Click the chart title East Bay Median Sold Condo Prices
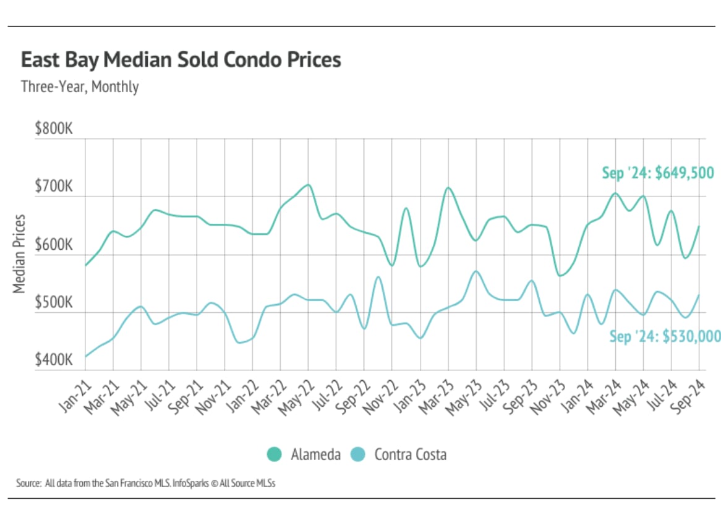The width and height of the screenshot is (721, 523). pyautogui.click(x=181, y=60)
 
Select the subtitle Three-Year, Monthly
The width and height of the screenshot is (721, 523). pyautogui.click(x=80, y=87)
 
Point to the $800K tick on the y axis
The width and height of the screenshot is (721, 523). pyautogui.click(x=54, y=130)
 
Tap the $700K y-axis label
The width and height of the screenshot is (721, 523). pyautogui.click(x=54, y=187)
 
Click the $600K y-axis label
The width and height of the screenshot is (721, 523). pyautogui.click(x=54, y=245)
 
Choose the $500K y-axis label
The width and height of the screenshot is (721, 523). pyautogui.click(x=54, y=302)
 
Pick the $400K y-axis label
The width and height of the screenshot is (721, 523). pyautogui.click(x=54, y=360)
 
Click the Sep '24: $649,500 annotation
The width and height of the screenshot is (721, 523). pyautogui.click(x=658, y=172)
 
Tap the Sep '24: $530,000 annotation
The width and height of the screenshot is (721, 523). pyautogui.click(x=665, y=336)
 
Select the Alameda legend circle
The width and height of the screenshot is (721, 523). pyautogui.click(x=274, y=454)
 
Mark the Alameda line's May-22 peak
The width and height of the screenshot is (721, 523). pyautogui.click(x=308, y=184)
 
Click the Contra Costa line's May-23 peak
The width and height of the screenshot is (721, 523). pyautogui.click(x=476, y=271)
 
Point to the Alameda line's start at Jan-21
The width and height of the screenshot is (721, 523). pyautogui.click(x=85, y=265)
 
